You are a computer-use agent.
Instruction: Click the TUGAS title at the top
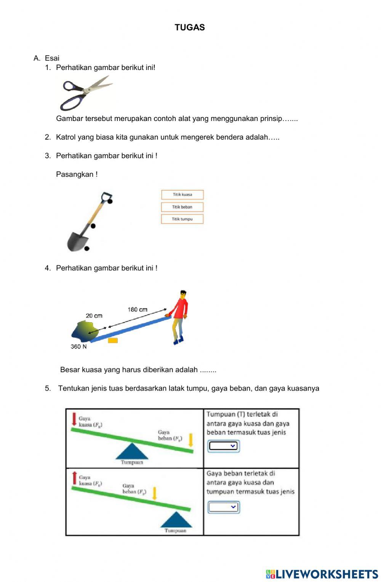tap(190, 27)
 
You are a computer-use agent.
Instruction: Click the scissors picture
tap(86, 92)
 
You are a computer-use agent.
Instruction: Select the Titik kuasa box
tap(182, 195)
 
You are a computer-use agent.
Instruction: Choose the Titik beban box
tap(182, 207)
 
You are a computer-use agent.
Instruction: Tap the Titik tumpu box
tap(182, 219)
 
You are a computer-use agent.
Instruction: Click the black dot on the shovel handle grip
tap(110, 201)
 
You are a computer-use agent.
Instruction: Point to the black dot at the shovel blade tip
tap(87, 248)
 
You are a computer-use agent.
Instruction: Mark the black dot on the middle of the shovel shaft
tap(93, 226)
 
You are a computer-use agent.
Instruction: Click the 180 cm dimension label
tap(137, 310)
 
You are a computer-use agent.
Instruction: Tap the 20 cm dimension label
tap(94, 316)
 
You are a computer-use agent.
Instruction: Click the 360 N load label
tap(78, 347)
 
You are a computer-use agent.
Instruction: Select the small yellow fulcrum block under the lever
tap(112, 340)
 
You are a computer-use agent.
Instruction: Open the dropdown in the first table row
tap(223, 446)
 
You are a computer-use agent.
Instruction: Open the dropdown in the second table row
tap(223, 507)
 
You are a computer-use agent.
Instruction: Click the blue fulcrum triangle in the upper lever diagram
tap(132, 452)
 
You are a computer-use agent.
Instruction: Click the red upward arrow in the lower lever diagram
tap(74, 478)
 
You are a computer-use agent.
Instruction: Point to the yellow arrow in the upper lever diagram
tap(191, 440)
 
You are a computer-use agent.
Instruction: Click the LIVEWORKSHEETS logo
tap(322, 574)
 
